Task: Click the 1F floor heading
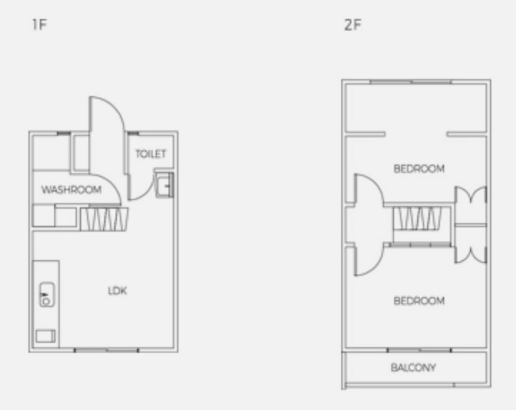coord(39,25)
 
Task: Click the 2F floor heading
coord(352,25)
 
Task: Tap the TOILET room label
coord(151,154)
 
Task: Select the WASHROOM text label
coord(72,190)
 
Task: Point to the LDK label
coord(117,291)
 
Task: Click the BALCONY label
coord(413,367)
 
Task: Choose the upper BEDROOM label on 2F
coord(419,169)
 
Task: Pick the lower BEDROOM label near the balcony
coord(419,301)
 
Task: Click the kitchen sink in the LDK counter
coord(46,294)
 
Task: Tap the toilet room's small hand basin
coord(164,185)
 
